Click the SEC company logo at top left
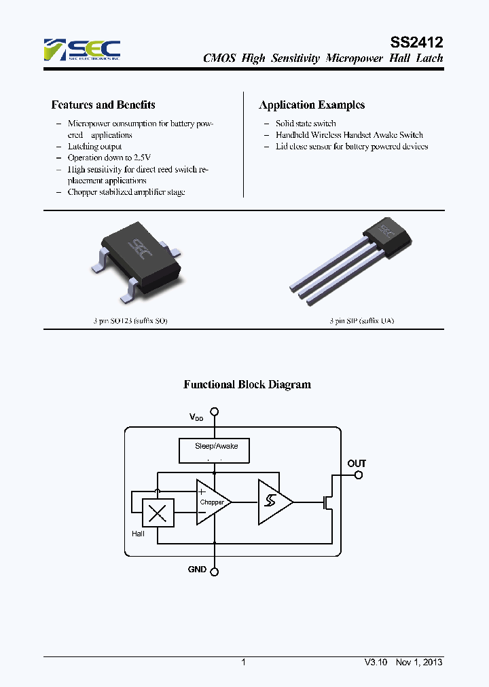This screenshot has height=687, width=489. coord(81,50)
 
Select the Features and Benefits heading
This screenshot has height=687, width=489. coord(103,105)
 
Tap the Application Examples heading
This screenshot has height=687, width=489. coord(312,105)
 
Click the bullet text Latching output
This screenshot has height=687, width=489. coord(94,146)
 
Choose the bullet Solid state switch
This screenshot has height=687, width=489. coord(305,124)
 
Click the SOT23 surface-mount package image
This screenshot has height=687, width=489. coord(139,265)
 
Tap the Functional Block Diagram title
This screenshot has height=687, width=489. coord(247,384)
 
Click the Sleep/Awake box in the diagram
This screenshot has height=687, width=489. coord(213,449)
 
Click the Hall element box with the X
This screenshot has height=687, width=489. coord(158,513)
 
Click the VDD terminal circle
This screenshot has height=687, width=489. coord(215,411)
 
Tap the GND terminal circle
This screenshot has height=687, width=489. coord(215,572)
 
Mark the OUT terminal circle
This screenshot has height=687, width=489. coord(359,475)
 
